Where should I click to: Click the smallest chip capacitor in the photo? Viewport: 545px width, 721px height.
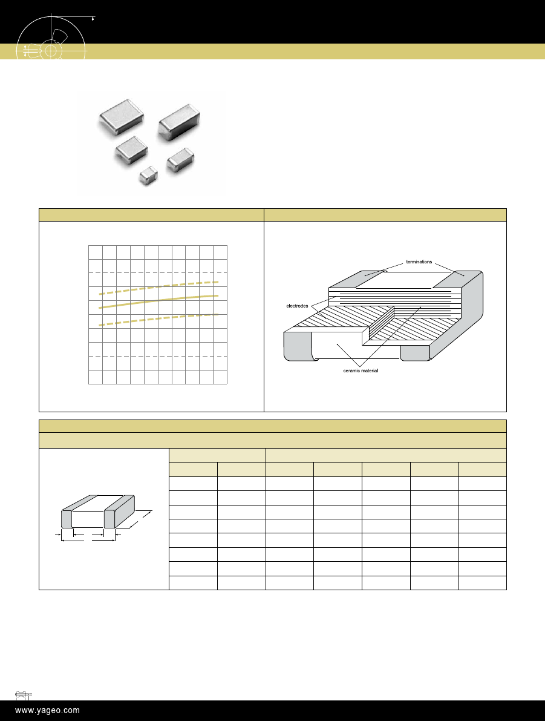(x=148, y=175)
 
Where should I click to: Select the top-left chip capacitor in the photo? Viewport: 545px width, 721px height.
(x=122, y=117)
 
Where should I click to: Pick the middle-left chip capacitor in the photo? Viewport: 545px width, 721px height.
(x=131, y=151)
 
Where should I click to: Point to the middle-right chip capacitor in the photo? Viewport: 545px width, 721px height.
(x=180, y=160)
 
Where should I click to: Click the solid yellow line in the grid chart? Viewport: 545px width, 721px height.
(x=158, y=301)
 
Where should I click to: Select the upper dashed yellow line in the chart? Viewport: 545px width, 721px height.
(x=158, y=288)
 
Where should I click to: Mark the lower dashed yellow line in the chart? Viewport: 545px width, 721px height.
(x=158, y=320)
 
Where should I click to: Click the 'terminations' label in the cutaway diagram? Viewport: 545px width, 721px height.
(x=419, y=262)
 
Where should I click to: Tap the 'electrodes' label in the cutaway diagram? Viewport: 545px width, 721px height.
(x=297, y=306)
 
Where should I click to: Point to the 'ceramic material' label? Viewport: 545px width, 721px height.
(x=361, y=370)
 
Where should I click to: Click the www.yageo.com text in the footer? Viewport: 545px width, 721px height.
(x=47, y=711)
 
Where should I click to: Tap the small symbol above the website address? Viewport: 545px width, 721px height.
(x=23, y=695)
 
